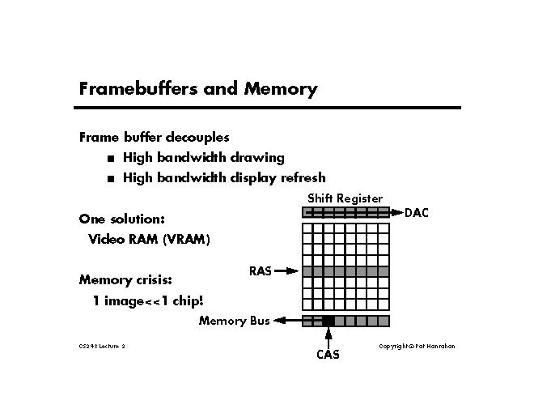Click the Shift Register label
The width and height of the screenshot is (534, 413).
coord(345,198)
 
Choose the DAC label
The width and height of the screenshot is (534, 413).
coord(417,213)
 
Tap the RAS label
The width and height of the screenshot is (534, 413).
coord(260,272)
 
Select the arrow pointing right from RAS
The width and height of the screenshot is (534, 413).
coord(286,272)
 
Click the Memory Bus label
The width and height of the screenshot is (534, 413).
coord(234,321)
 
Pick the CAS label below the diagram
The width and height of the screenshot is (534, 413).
coord(328,355)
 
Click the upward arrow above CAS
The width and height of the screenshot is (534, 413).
coord(328,337)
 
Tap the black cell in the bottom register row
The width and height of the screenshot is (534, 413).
coord(328,321)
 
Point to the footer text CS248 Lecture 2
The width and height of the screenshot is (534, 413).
coord(102,347)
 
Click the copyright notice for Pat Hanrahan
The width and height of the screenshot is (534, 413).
coord(417,347)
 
